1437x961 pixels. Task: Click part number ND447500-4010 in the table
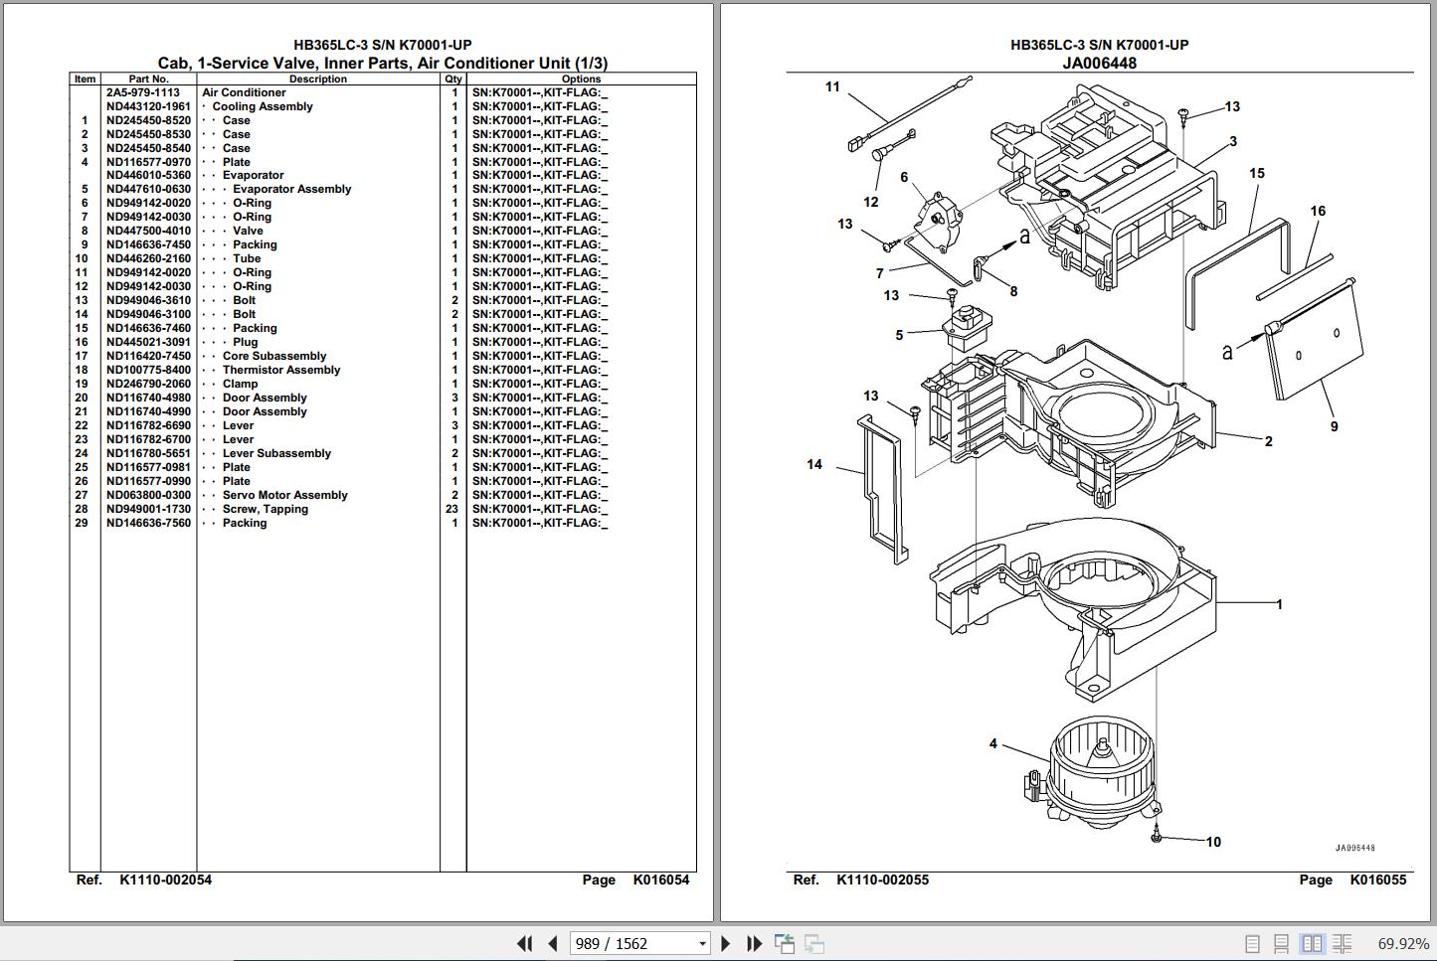(148, 231)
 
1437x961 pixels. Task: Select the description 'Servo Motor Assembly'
(284, 495)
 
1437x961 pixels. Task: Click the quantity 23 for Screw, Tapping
(452, 509)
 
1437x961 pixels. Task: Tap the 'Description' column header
(317, 80)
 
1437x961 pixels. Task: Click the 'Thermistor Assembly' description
(280, 370)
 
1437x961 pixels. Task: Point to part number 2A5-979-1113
(143, 92)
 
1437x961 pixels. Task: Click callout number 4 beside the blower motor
(992, 743)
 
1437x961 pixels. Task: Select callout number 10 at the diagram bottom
(1213, 842)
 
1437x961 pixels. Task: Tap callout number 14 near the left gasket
(814, 464)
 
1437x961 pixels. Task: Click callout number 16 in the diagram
(1318, 211)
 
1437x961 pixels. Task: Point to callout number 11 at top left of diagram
(832, 86)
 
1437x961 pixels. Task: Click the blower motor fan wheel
(1094, 765)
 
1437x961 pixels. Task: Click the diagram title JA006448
(1099, 63)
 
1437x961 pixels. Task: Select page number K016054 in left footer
(660, 880)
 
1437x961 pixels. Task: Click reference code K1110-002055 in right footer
(882, 880)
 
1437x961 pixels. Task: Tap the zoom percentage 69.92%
(1402, 943)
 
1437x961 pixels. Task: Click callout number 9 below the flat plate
(1334, 426)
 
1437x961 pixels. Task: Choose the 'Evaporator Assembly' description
(291, 189)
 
